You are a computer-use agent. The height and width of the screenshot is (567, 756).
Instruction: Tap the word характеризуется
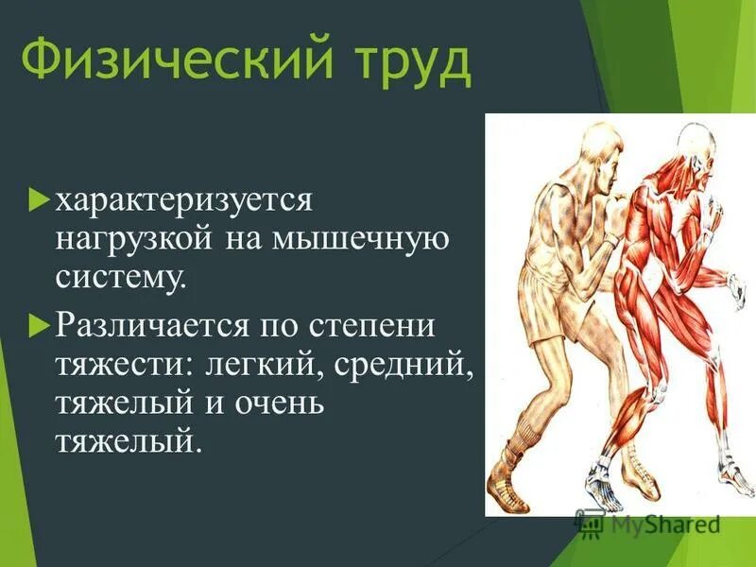[x=183, y=201]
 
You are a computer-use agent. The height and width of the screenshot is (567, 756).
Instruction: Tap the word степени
[x=372, y=327]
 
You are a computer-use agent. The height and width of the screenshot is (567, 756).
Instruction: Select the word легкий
[x=249, y=365]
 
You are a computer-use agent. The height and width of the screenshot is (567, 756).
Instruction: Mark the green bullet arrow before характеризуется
[x=39, y=200]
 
